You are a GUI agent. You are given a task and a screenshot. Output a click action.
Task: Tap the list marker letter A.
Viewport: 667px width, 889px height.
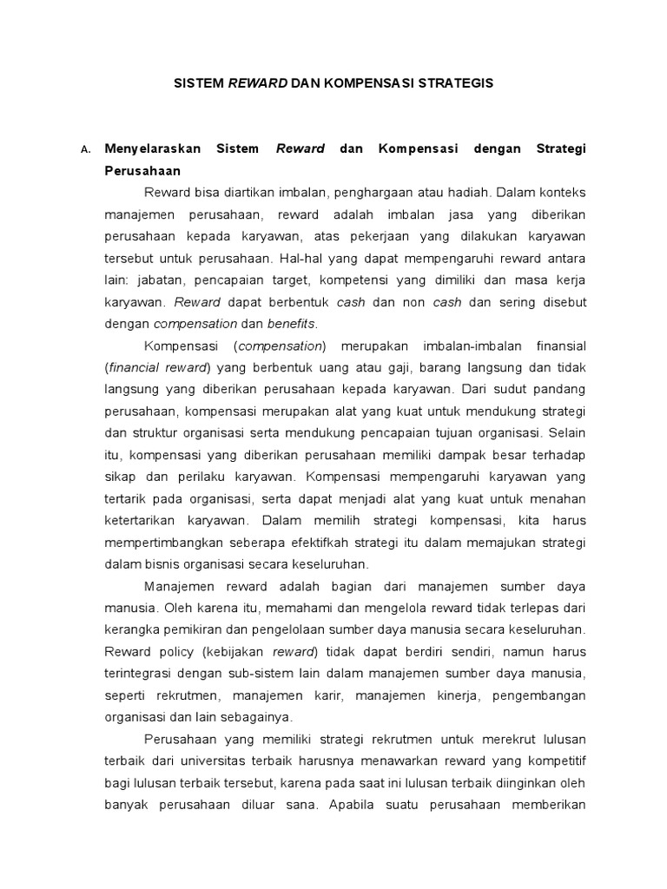[x=84, y=150]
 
